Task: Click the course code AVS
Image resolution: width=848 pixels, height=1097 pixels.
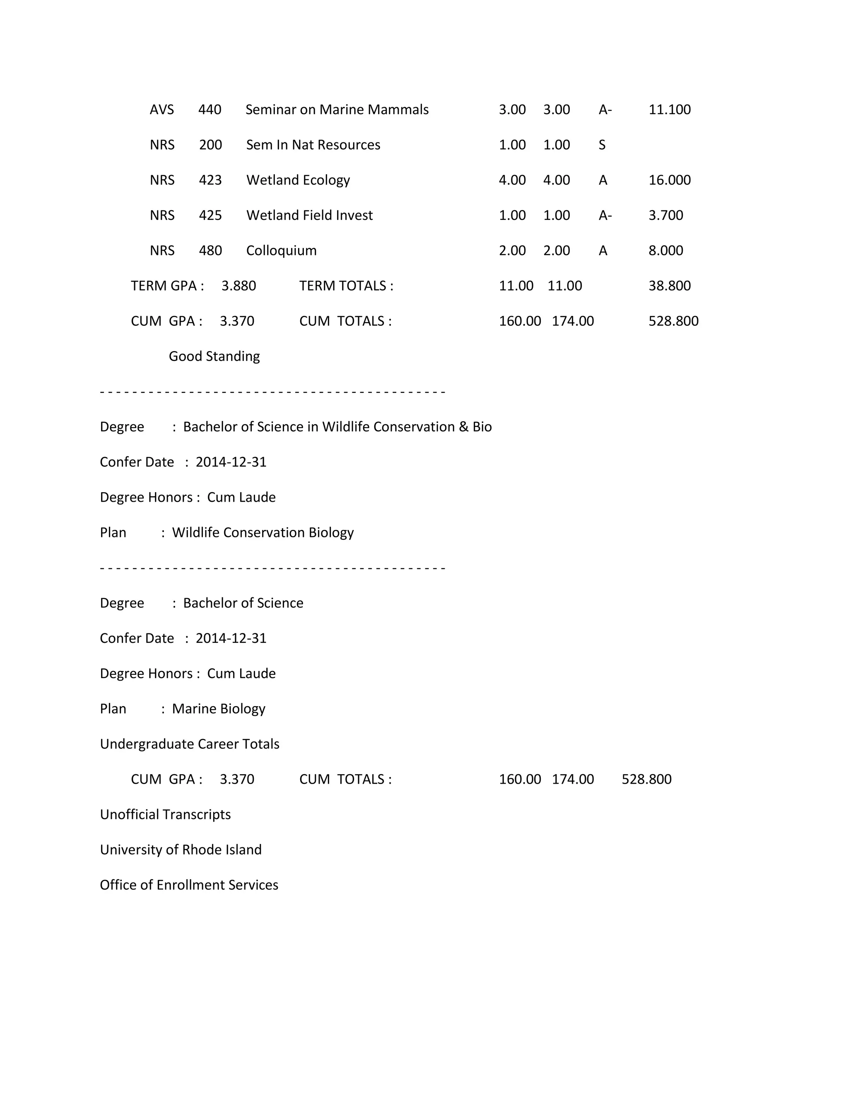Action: pyautogui.click(x=162, y=110)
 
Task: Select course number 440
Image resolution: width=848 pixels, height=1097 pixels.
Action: pyautogui.click(x=210, y=110)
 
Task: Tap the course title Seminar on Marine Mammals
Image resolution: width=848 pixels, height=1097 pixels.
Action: pyautogui.click(x=337, y=110)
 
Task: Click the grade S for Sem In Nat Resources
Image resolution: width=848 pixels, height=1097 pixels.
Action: pyautogui.click(x=602, y=144)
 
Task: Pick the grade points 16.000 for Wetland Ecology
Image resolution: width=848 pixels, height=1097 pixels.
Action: pyautogui.click(x=669, y=180)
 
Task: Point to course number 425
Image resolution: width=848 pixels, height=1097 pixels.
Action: pyautogui.click(x=210, y=215)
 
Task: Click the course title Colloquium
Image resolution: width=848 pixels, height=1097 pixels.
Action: pyautogui.click(x=281, y=250)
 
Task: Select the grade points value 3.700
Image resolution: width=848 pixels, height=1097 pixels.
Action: pyautogui.click(x=666, y=215)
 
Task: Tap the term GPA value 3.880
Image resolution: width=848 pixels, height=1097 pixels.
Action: pyautogui.click(x=238, y=285)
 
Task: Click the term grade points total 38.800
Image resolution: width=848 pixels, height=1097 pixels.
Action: pyautogui.click(x=669, y=285)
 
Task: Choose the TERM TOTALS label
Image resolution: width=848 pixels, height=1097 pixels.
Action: pyautogui.click(x=346, y=285)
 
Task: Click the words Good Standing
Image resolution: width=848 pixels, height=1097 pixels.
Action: pyautogui.click(x=214, y=356)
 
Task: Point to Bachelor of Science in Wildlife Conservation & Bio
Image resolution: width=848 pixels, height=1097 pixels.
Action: pyautogui.click(x=337, y=426)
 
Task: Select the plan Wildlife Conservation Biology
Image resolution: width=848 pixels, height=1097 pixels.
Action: pyautogui.click(x=263, y=532)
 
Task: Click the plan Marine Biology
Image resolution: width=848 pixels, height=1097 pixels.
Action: pyautogui.click(x=219, y=709)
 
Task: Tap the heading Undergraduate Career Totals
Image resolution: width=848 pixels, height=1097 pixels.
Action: pyautogui.click(x=189, y=744)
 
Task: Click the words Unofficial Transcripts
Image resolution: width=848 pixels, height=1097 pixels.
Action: pyautogui.click(x=165, y=814)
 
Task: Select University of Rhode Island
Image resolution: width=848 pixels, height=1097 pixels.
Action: pyautogui.click(x=181, y=849)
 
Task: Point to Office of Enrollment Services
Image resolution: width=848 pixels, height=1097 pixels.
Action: pyautogui.click(x=189, y=885)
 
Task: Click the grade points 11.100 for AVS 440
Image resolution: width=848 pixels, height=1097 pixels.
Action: pyautogui.click(x=669, y=110)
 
